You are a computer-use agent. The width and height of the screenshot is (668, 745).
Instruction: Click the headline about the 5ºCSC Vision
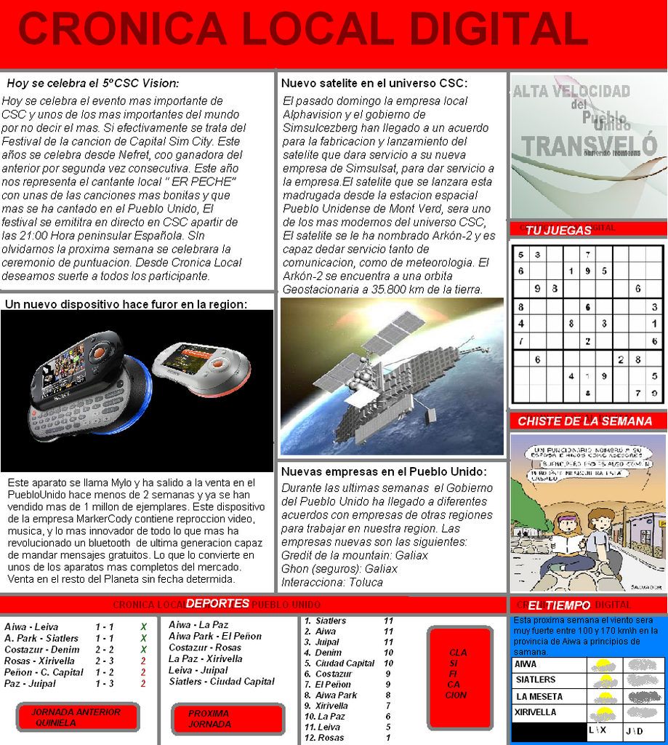coord(92,83)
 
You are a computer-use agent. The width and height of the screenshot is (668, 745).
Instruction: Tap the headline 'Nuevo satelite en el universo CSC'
coord(374,83)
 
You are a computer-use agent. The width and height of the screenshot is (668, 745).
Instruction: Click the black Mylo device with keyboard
coord(80,386)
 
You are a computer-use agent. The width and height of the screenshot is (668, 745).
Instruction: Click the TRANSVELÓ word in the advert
coord(589,146)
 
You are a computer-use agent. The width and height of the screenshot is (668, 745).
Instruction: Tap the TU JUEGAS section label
coord(558,230)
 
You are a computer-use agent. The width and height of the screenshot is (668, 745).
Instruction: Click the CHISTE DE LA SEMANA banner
coord(584,421)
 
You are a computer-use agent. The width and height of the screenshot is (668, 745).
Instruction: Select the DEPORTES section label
coord(217,603)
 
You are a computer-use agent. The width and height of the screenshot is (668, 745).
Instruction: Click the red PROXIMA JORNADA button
coord(228,719)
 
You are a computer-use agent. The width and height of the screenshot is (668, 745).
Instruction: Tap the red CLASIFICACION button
coord(458,674)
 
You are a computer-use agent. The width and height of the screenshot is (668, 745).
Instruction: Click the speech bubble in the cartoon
coord(585,463)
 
